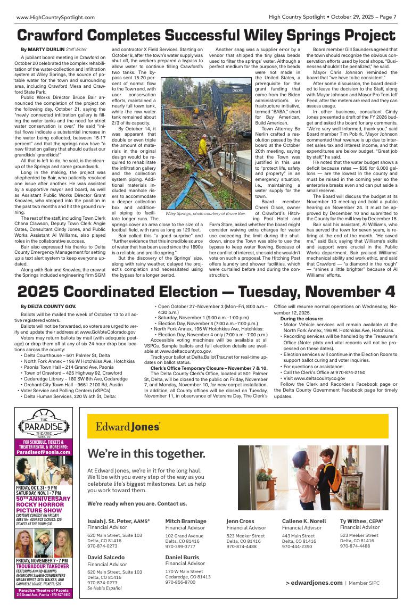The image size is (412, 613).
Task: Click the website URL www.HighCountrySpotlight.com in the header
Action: pos(55,17)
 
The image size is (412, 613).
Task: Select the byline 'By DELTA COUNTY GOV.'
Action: pos(48,306)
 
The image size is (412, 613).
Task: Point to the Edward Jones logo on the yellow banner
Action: pos(128,427)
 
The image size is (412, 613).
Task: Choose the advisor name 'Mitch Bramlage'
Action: pos(186,521)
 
